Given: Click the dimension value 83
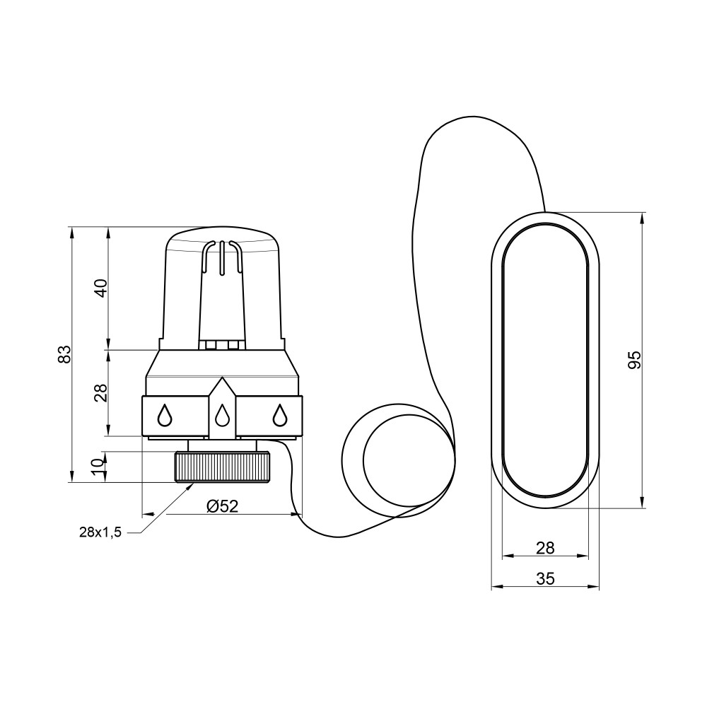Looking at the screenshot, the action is click(x=65, y=354).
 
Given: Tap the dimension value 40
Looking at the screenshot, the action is click(x=102, y=288).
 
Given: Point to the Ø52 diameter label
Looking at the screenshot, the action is click(x=222, y=506).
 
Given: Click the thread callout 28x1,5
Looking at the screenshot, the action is click(x=100, y=532).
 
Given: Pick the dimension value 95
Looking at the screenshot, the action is click(x=634, y=360).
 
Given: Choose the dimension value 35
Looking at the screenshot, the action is click(x=545, y=578).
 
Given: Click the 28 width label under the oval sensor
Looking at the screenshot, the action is click(x=545, y=549).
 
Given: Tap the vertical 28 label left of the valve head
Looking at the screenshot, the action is click(x=102, y=392).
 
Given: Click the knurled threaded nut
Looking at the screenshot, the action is click(x=223, y=467).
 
